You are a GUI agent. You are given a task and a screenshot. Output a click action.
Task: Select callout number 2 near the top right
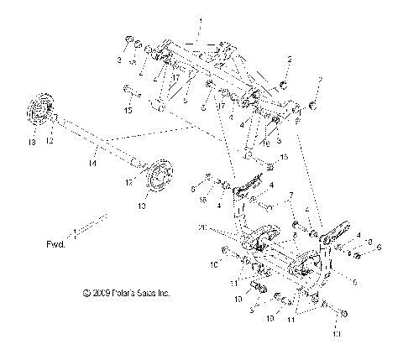[x=290, y=59]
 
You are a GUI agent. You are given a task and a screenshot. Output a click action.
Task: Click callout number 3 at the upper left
[x=118, y=60]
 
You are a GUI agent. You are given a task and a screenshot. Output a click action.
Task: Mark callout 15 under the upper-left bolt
[x=128, y=109]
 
